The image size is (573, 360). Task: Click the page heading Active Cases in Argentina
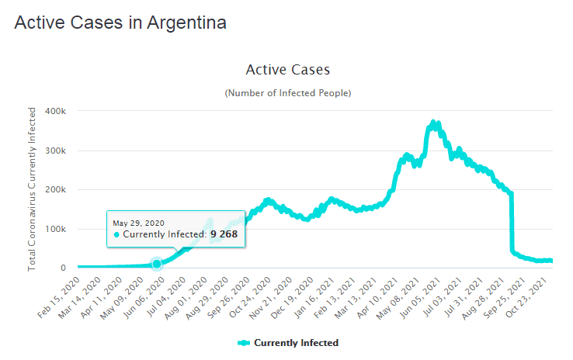coord(120,23)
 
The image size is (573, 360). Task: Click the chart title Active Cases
coord(287,70)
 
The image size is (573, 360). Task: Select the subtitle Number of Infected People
coord(287,93)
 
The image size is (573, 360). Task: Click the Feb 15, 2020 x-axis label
coord(61,296)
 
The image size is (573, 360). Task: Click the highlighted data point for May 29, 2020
coord(157,264)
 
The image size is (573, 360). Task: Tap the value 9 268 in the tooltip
coord(226,234)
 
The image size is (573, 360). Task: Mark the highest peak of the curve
coord(434,123)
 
